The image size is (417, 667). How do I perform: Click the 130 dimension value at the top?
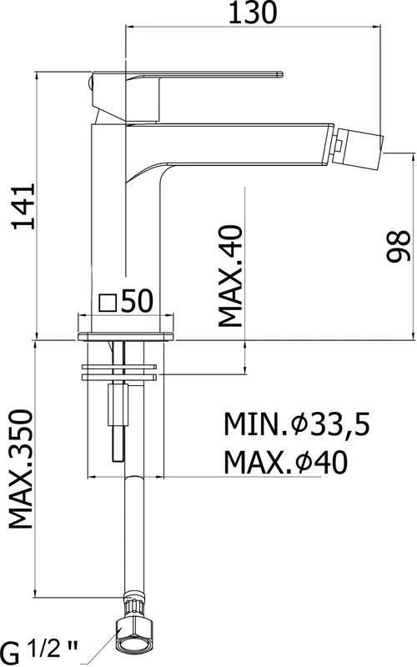(253, 13)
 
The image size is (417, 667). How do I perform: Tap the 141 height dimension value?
(23, 207)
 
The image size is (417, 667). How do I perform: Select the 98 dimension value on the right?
(399, 246)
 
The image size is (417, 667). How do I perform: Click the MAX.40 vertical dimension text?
(230, 276)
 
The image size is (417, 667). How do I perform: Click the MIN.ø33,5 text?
(297, 424)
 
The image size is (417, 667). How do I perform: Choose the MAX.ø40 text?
(285, 463)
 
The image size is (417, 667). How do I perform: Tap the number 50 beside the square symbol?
(137, 301)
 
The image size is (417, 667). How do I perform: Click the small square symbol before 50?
(108, 303)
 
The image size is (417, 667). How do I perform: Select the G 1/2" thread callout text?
(39, 651)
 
